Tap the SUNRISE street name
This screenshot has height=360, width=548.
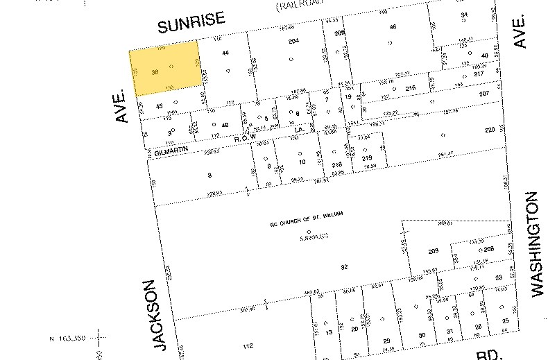(187, 26)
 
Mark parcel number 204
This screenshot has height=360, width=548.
(293, 42)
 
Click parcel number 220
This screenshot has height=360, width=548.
(490, 130)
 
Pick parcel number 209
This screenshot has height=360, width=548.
(434, 250)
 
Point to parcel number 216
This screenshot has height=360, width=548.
(410, 88)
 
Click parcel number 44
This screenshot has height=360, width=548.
(225, 53)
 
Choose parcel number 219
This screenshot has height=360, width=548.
(368, 159)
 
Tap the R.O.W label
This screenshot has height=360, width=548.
(246, 137)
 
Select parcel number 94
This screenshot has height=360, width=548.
(464, 15)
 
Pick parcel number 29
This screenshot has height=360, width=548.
(387, 340)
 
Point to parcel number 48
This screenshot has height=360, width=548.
(225, 125)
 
